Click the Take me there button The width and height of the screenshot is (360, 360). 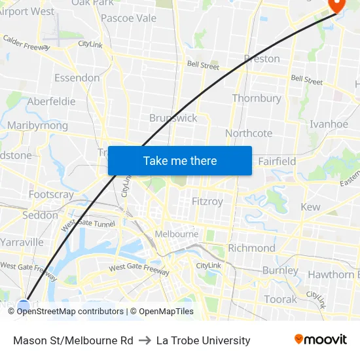(x=180, y=160)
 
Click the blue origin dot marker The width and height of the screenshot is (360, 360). (x=24, y=306)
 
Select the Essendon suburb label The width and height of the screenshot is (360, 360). (x=77, y=78)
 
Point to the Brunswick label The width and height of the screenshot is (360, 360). (x=173, y=118)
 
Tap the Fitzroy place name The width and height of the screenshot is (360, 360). (x=207, y=202)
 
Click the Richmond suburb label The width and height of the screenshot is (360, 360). (x=251, y=248)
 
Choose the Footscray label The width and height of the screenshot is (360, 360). (x=51, y=194)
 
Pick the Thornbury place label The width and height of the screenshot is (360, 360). (x=257, y=98)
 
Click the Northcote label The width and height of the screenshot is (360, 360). (x=249, y=133)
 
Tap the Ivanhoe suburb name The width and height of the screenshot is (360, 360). (x=329, y=124)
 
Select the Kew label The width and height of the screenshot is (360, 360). (x=310, y=207)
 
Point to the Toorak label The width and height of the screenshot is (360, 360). (x=280, y=299)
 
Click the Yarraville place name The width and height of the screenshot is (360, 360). (x=22, y=242)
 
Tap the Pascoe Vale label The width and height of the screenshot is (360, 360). (x=129, y=18)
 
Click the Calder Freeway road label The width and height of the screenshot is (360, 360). (x=27, y=43)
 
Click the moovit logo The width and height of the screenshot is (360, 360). (x=320, y=340)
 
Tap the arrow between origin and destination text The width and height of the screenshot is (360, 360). (x=145, y=340)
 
